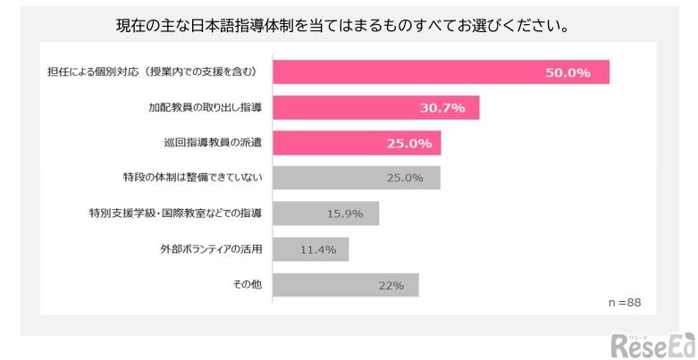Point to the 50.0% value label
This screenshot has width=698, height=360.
[x=568, y=72]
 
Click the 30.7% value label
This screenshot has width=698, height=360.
[x=442, y=108]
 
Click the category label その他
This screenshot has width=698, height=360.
[x=248, y=285]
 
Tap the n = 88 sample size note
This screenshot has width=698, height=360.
[x=625, y=303]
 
